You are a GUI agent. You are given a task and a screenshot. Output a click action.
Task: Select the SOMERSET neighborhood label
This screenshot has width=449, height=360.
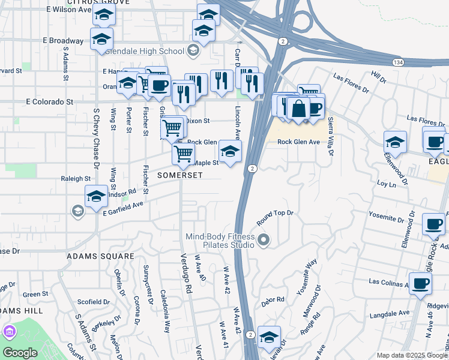click(180, 175)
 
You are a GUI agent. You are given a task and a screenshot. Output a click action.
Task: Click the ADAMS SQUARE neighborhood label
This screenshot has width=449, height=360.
click(100, 256)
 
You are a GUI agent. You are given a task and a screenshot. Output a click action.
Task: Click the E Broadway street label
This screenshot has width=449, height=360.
click(63, 41)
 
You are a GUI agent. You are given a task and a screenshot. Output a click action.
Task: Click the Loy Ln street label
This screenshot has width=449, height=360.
click(386, 181)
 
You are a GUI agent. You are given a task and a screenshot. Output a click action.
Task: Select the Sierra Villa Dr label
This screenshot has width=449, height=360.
click(330, 136)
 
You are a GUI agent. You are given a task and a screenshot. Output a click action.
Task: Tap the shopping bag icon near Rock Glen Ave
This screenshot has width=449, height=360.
click(298, 109)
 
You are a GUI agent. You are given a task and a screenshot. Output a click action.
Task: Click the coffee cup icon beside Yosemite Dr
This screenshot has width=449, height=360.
click(433, 224)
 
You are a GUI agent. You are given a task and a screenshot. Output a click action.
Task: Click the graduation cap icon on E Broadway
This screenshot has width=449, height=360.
click(101, 39)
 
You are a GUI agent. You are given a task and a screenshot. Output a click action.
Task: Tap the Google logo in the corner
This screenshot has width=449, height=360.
click(20, 353)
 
